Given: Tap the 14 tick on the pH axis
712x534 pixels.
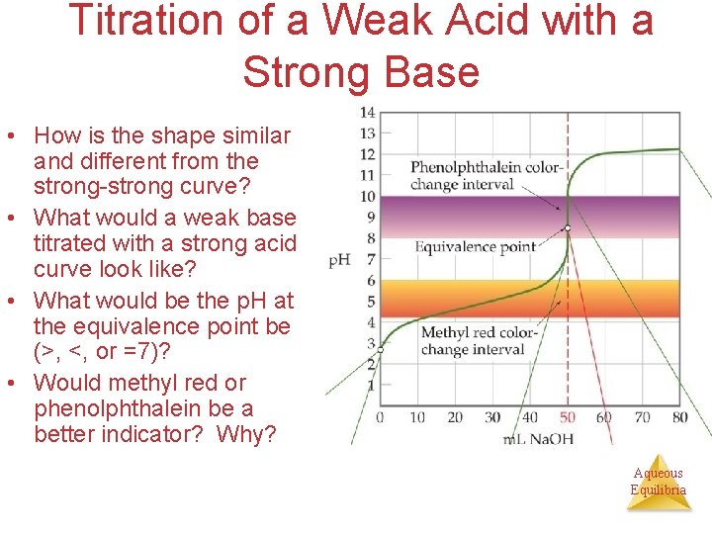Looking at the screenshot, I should [367, 112].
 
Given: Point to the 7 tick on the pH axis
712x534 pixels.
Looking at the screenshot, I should [370, 259].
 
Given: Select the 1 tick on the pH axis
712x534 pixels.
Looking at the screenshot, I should [370, 385].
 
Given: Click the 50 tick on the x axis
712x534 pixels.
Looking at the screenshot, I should [568, 417].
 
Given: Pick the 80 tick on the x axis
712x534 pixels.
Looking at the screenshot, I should [679, 417].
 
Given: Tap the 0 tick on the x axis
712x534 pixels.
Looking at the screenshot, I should [380, 417].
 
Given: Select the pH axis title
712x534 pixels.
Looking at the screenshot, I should [339, 260].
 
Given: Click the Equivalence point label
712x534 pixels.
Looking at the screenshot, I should [476, 247].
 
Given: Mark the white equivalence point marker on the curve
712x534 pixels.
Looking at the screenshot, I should [568, 228].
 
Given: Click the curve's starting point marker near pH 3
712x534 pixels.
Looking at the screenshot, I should [380, 348].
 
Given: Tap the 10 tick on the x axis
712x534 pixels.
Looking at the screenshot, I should [417, 417].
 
